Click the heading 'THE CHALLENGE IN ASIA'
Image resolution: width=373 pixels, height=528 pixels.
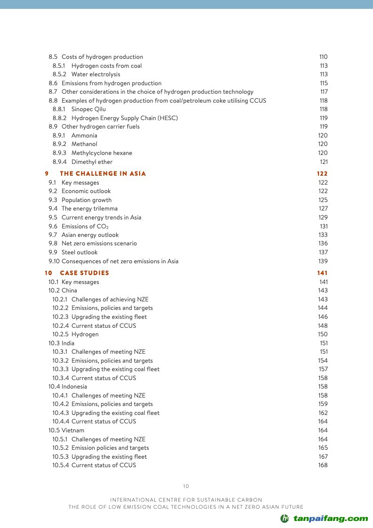pos(103,174)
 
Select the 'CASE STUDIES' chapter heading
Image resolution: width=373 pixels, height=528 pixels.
pos(84,273)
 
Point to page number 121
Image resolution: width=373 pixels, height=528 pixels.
pos(324,162)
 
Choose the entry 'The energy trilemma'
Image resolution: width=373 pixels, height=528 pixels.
pos(89,209)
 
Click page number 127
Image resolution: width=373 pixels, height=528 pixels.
pos(323,209)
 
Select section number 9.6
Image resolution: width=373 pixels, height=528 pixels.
pos(53,226)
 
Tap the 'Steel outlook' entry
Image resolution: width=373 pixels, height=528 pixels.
pos(79,252)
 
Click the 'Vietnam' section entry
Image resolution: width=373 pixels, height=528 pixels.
pos(73,431)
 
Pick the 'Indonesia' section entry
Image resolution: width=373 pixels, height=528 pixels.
pos(74,387)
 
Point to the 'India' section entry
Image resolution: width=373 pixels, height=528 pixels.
pos(68,343)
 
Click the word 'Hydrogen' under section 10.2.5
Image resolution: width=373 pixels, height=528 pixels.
pos(85,334)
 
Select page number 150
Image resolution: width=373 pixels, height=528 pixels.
pos(323,334)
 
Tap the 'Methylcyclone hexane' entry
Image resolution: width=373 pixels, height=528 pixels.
pos(102,153)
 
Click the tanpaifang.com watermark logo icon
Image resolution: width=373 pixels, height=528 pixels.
pos(285,519)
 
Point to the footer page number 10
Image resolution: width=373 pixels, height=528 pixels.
pos(186,487)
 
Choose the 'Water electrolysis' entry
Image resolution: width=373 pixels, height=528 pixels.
pos(95,74)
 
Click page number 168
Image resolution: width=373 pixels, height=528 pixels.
pos(323,465)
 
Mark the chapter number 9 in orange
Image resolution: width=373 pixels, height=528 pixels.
pos(47,174)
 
